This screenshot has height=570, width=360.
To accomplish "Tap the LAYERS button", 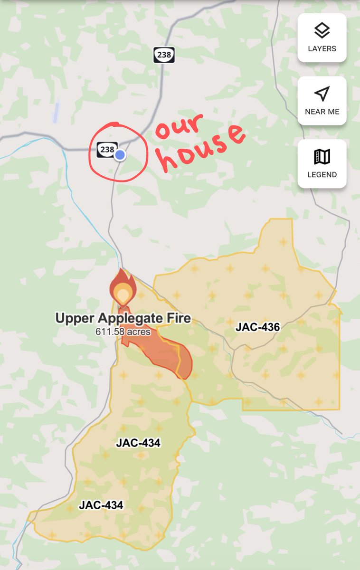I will pyautogui.click(x=322, y=38).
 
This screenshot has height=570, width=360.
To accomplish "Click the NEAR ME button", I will pyautogui.click(x=322, y=101).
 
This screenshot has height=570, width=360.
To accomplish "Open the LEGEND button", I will pyautogui.click(x=322, y=164).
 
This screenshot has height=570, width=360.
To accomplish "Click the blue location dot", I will pyautogui.click(x=120, y=155).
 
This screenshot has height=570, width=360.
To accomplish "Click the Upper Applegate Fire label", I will pyautogui.click(x=123, y=318).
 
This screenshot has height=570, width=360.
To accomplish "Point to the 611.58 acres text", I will pyautogui.click(x=123, y=332).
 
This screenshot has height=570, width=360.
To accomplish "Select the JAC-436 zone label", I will pyautogui.click(x=257, y=327).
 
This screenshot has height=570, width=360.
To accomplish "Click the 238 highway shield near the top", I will pyautogui.click(x=164, y=55).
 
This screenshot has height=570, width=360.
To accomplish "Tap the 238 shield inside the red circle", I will pyautogui.click(x=107, y=150).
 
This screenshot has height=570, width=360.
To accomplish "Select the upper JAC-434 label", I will pyautogui.click(x=138, y=443).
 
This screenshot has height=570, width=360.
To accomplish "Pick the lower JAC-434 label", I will pyautogui.click(x=101, y=505).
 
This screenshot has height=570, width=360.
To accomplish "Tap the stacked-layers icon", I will pyautogui.click(x=322, y=31).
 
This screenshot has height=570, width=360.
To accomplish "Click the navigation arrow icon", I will pyautogui.click(x=322, y=94).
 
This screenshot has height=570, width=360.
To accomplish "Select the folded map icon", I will pyautogui.click(x=322, y=157).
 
